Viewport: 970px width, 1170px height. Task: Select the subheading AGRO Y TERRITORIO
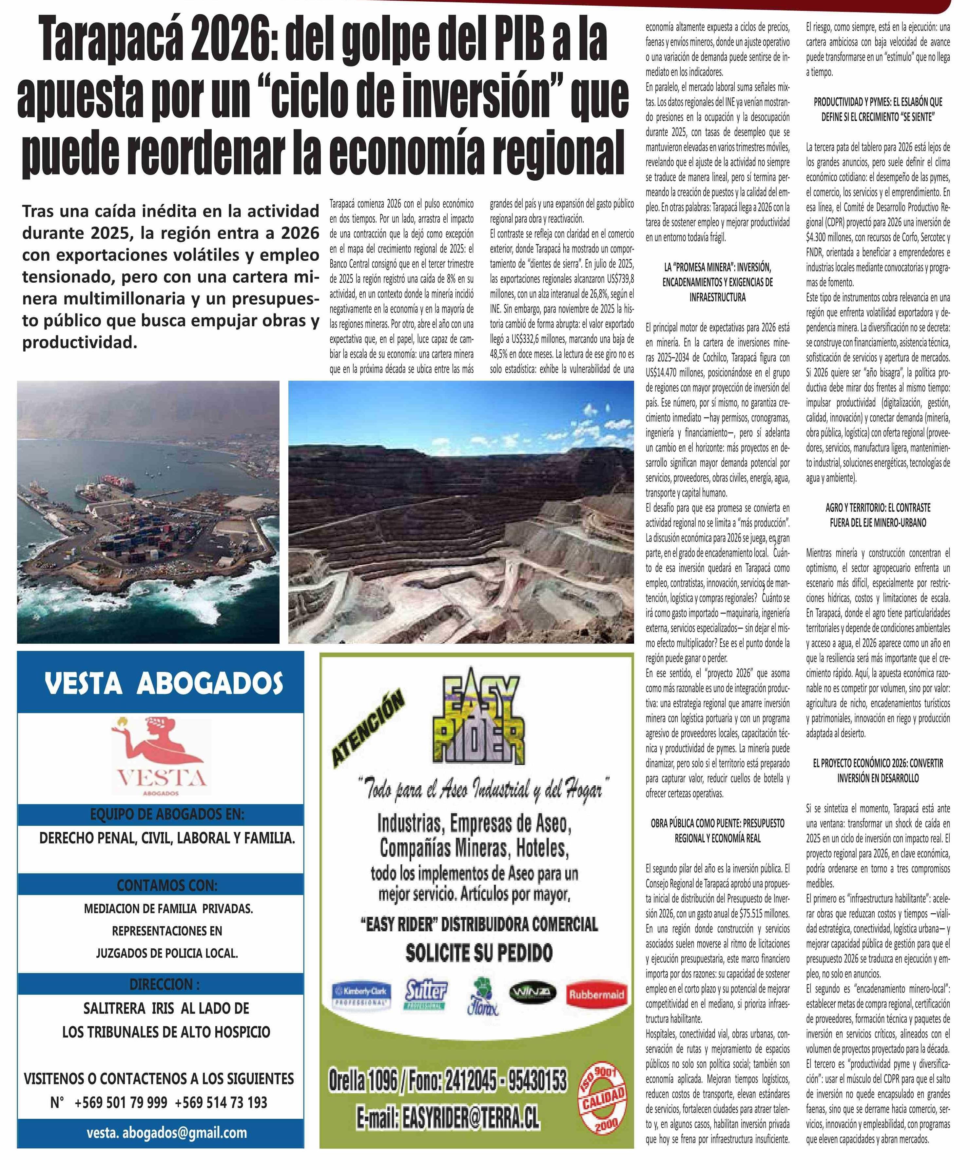point(878,508)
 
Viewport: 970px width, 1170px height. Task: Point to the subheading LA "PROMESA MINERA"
point(717,268)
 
